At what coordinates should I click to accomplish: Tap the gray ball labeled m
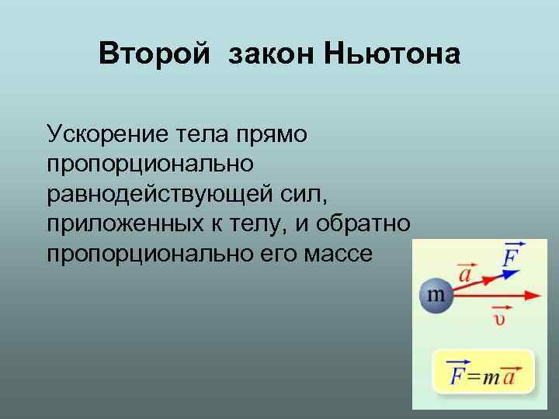point(436,296)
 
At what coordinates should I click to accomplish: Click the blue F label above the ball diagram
point(510,256)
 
